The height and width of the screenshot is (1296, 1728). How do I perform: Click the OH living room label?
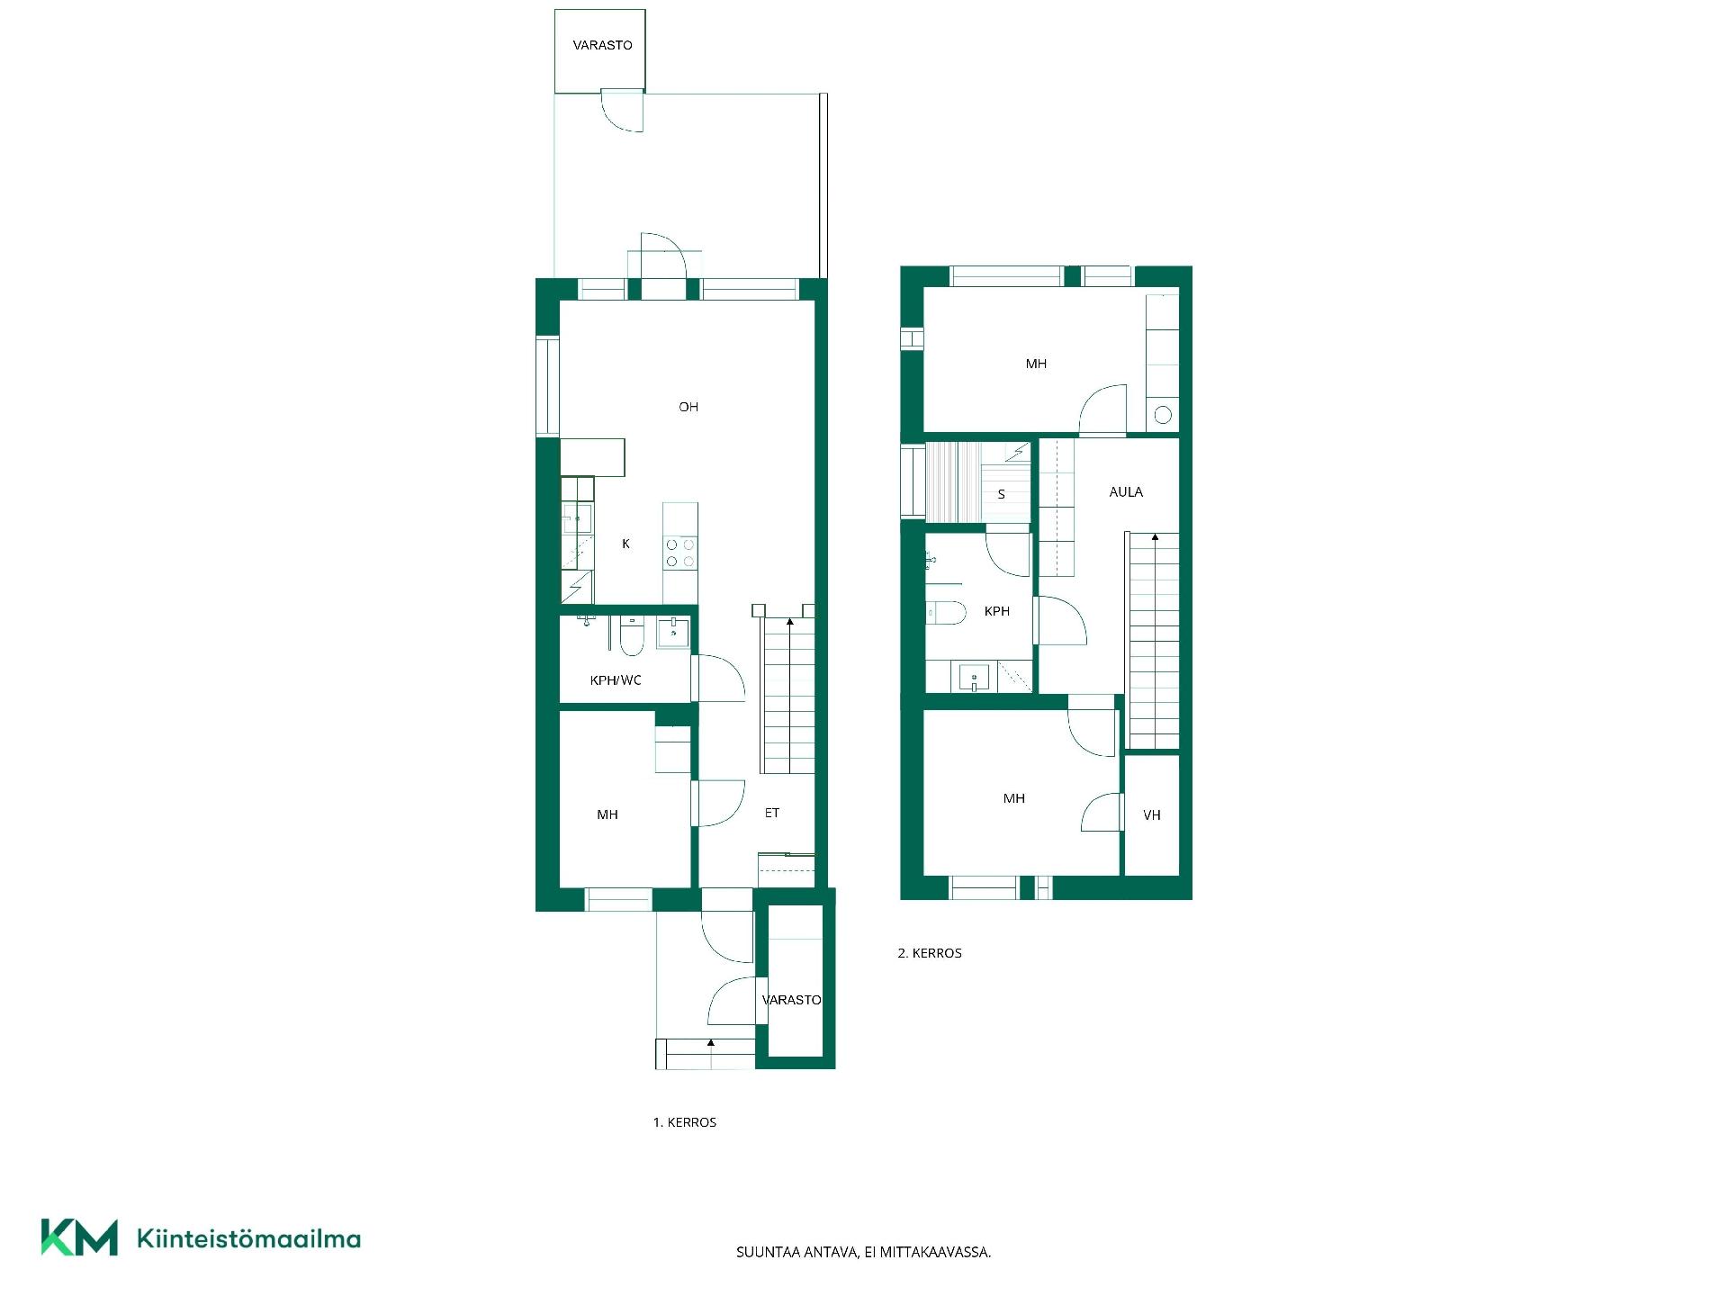[x=688, y=407]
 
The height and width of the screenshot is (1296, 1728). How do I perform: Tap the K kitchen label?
[x=625, y=544]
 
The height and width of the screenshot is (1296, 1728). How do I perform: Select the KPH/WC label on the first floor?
[x=616, y=680]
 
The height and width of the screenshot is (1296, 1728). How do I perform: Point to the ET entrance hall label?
[x=772, y=813]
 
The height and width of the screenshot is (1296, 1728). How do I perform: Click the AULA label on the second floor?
[x=1126, y=491]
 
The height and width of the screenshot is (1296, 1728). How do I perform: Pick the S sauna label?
[x=1001, y=494]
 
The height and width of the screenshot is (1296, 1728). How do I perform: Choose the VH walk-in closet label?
[x=1152, y=815]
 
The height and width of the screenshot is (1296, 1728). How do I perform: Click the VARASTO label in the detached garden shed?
[x=602, y=45]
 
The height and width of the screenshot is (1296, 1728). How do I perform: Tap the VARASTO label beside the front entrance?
[x=792, y=1000]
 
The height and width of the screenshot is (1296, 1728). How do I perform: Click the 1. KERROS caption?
[x=685, y=1122]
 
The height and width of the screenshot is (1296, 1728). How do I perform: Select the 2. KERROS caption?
[x=930, y=953]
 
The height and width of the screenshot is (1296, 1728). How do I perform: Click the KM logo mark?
[x=79, y=1237]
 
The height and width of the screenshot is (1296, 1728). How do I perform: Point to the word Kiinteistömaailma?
[x=248, y=1239]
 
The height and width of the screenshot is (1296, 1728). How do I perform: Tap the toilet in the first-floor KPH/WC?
[x=632, y=638]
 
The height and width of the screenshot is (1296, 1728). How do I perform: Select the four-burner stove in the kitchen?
[x=680, y=553]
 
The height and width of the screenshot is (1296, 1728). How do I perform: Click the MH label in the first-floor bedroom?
[x=607, y=814]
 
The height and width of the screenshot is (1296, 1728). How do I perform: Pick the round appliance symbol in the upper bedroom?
[x=1163, y=415]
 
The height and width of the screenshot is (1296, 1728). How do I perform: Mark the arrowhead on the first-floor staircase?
[x=790, y=621]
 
